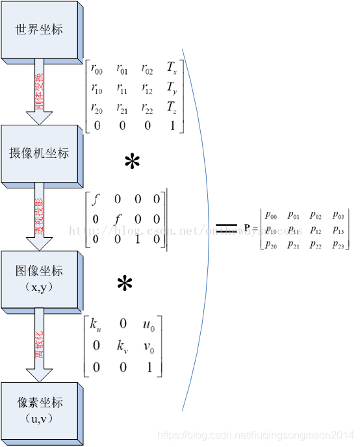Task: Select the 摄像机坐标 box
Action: click(40, 154)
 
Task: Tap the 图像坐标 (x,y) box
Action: click(40, 277)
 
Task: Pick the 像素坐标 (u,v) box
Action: click(40, 407)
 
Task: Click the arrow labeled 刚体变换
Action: click(39, 91)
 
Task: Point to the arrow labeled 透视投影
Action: click(39, 216)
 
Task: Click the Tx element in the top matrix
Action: click(172, 68)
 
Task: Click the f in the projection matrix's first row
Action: click(96, 199)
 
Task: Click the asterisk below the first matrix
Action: click(132, 162)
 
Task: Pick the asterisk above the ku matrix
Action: click(124, 284)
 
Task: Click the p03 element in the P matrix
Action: click(338, 214)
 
